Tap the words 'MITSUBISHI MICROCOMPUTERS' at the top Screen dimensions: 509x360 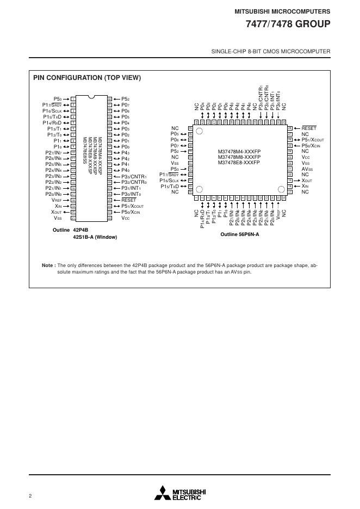(x=282, y=11)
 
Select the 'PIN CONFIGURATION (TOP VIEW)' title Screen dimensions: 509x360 (x=88, y=78)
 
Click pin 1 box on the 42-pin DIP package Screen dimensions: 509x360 (x=73, y=99)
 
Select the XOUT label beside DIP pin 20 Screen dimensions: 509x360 (x=56, y=212)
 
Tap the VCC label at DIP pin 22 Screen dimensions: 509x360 (x=126, y=218)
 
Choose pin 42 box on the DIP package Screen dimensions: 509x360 (x=110, y=99)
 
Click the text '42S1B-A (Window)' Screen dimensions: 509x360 (x=95, y=237)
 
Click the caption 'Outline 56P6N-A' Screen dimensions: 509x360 (x=240, y=234)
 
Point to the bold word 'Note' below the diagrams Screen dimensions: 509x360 (x=48, y=265)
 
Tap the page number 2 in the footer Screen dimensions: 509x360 (x=30, y=495)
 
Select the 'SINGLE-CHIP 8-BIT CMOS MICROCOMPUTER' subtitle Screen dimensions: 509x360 (x=270, y=52)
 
